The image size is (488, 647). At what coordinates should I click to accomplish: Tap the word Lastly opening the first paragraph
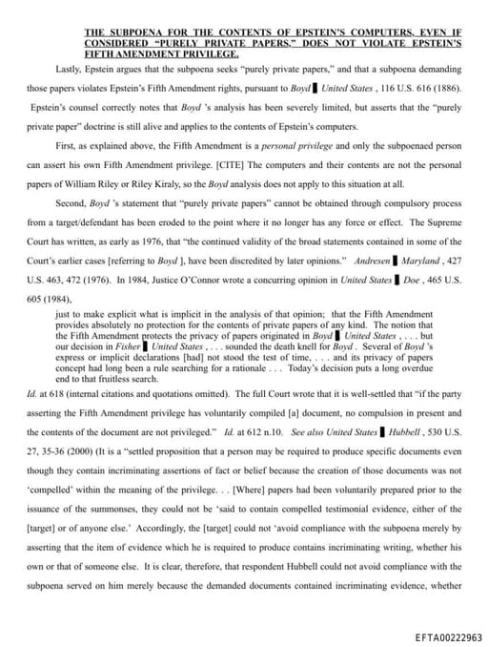click(70, 70)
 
